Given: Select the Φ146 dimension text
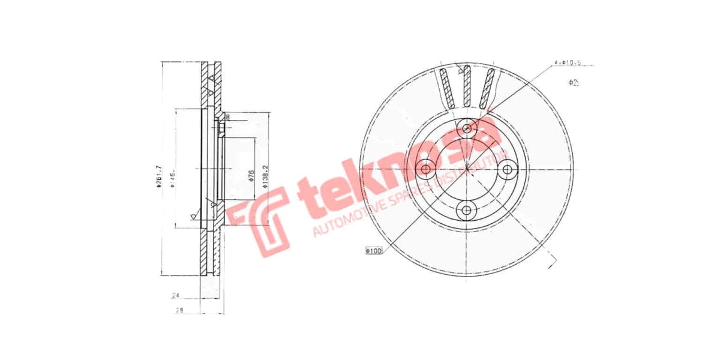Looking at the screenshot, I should coord(172,178).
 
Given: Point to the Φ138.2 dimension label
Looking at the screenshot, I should coord(265,178).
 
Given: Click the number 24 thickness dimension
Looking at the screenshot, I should coord(176,295).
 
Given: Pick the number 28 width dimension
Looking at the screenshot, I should coord(178,310).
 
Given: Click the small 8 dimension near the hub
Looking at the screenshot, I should coord(228,117).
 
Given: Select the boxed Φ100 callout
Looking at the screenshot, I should coord(373,250).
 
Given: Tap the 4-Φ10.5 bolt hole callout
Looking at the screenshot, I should coord(568,62).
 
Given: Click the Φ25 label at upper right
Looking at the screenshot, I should coord(574,82).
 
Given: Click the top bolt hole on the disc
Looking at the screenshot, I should coord(467,128).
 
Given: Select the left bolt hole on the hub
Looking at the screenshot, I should coord(425,170).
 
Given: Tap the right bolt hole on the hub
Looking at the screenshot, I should coord(508,170).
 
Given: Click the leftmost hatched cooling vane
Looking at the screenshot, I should coord(446,88).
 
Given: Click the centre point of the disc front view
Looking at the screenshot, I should coord(467,170).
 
